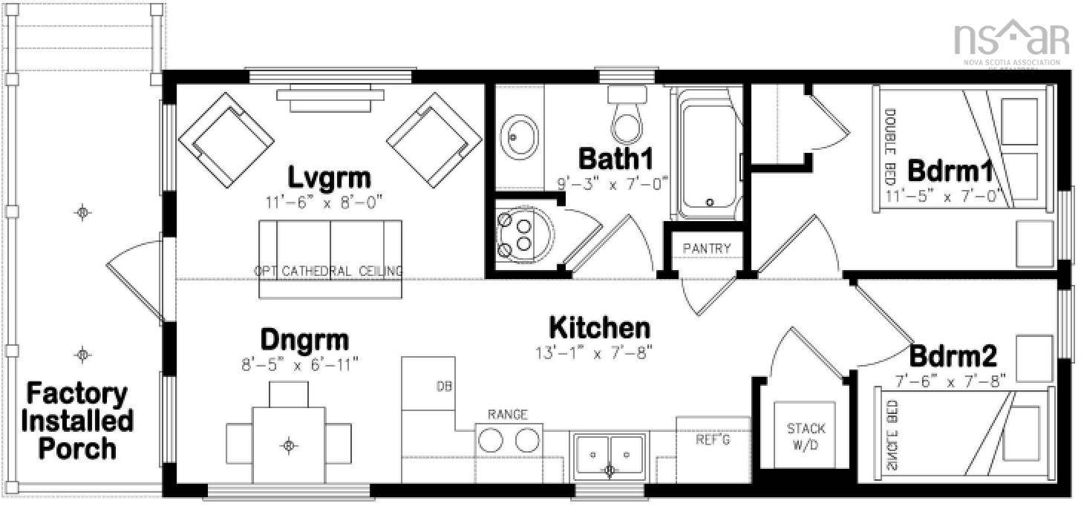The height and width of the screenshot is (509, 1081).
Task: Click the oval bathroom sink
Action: point(515,135)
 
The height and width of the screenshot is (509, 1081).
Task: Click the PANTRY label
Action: point(706,249)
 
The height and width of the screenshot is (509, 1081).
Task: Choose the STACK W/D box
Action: point(806,435)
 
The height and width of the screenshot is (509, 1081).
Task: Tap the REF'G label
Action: point(713,440)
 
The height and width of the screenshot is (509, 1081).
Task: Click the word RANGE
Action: point(508,414)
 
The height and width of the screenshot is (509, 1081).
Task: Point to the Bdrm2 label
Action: point(953,357)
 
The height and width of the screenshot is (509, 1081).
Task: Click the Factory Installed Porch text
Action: point(78,421)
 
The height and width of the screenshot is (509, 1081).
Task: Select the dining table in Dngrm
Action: point(289,444)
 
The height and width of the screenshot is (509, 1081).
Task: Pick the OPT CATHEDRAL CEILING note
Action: point(328,271)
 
